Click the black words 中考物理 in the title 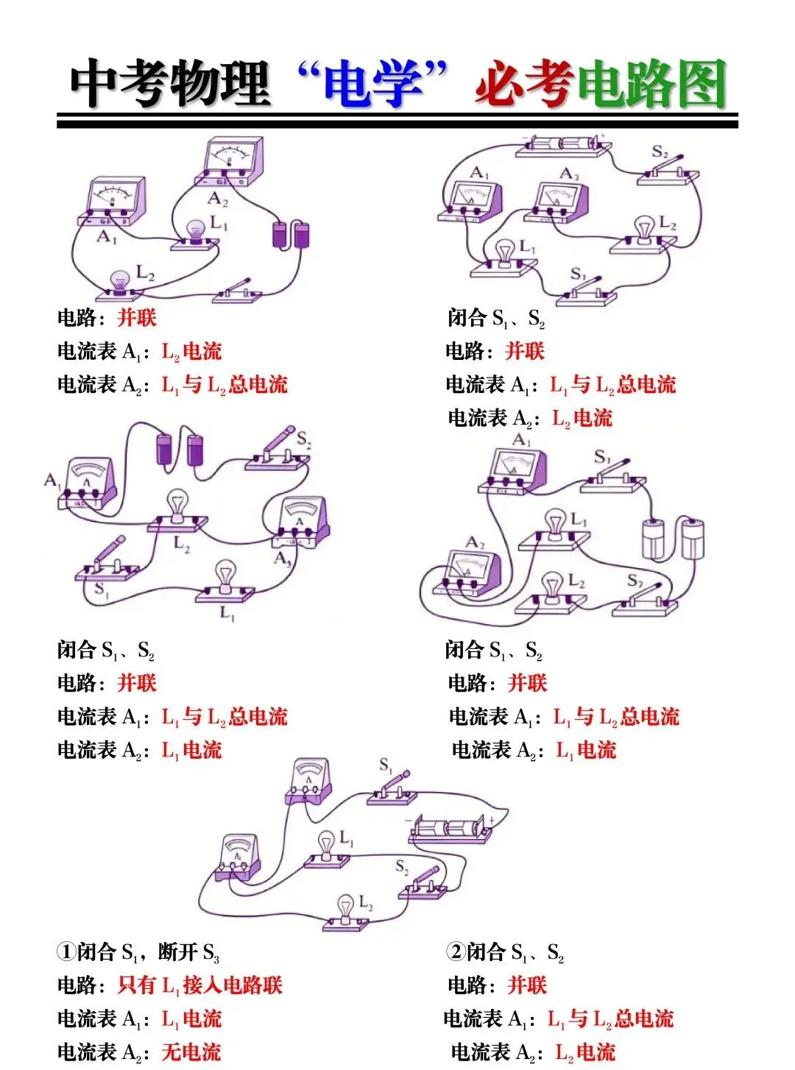tap(169, 82)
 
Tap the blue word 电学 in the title tap(373, 84)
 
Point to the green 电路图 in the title tap(652, 84)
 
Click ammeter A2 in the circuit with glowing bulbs tap(229, 163)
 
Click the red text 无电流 tap(191, 1052)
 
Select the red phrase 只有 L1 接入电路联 tap(199, 985)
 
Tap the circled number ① tap(66, 952)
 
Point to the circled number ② tap(455, 952)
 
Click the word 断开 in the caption tap(179, 952)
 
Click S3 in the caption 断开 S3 tap(211, 953)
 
